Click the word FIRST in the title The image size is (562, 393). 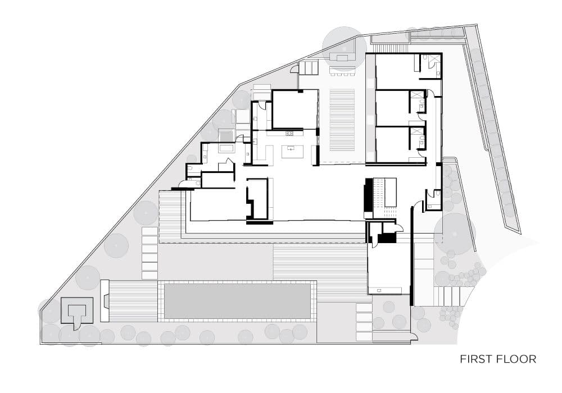[x=473, y=359]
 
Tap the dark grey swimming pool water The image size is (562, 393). [x=237, y=301]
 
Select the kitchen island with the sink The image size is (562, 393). [x=292, y=152]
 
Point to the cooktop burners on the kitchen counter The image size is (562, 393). [x=289, y=134]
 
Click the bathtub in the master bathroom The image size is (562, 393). [x=226, y=149]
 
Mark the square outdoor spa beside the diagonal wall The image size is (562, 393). [x=226, y=136]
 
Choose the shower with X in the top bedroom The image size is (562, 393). [x=434, y=60]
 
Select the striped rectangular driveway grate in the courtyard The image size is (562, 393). [x=342, y=121]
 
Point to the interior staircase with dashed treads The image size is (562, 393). [x=385, y=197]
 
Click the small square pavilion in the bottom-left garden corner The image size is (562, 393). [x=77, y=310]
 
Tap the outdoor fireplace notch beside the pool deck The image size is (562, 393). [x=105, y=301]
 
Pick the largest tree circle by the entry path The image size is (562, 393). [x=455, y=234]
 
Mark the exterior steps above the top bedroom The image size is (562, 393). [x=391, y=48]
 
